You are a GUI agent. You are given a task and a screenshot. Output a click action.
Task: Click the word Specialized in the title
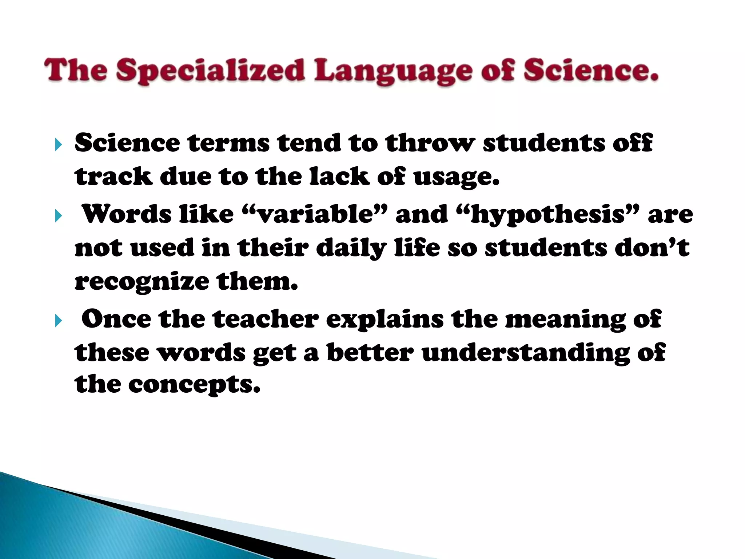210,71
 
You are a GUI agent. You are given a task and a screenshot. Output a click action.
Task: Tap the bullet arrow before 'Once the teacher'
59,321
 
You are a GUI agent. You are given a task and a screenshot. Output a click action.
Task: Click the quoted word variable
315,214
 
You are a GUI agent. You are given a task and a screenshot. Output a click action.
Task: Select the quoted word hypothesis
547,215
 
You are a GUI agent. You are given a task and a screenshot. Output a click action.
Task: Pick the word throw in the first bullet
430,143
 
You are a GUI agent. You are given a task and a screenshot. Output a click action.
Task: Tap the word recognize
142,282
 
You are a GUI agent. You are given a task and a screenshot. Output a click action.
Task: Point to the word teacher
266,319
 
